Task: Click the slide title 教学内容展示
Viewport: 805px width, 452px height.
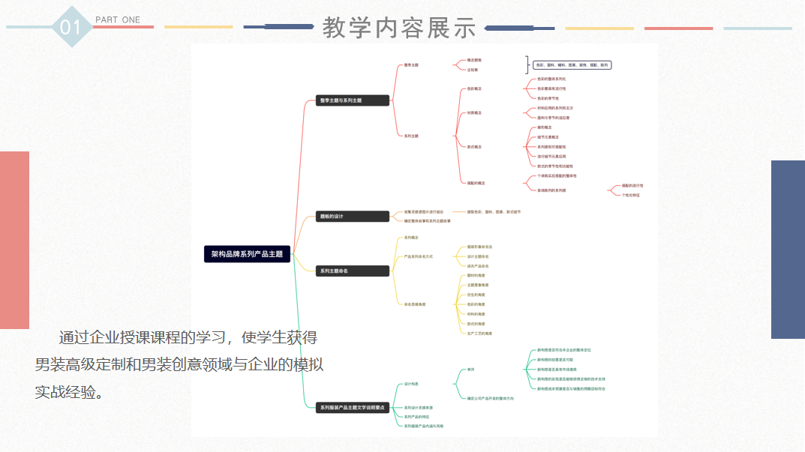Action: coord(399,28)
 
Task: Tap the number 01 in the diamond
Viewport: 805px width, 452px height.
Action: coord(70,28)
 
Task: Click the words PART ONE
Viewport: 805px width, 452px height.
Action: coord(118,19)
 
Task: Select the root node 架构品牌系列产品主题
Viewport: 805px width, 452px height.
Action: coord(247,254)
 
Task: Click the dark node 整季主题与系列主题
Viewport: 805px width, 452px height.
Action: coord(353,100)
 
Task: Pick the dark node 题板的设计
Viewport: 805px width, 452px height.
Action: coord(353,217)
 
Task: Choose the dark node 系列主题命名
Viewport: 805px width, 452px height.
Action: coord(353,271)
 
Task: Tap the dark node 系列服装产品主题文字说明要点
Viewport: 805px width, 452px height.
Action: coord(353,408)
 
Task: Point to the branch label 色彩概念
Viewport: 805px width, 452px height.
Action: coord(474,88)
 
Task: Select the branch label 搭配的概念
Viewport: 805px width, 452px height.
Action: coord(476,183)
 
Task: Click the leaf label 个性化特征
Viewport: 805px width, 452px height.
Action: coord(631,195)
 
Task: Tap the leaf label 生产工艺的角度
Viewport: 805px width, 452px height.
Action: coord(479,333)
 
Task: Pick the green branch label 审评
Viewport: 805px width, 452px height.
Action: coord(470,370)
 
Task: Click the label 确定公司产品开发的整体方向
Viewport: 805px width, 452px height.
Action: coord(490,398)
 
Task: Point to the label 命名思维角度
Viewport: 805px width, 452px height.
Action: coord(415,304)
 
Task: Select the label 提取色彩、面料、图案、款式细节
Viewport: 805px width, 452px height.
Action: coord(494,212)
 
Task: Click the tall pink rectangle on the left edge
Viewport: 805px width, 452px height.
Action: coord(14,240)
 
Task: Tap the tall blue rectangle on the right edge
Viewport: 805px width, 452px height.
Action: coord(788,238)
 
